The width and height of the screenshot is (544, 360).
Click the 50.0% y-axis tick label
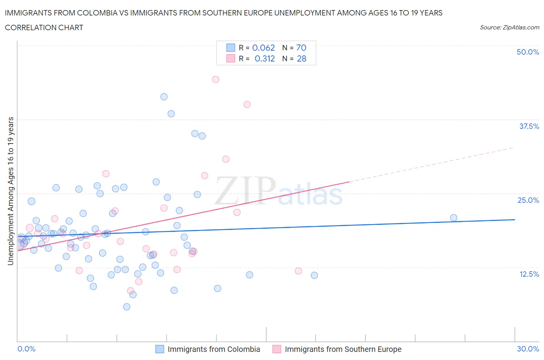(x=528, y=52)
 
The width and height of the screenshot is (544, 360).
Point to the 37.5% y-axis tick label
(x=529, y=126)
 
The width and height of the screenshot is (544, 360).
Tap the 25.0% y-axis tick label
(x=528, y=200)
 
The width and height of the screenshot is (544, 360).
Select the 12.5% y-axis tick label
(x=529, y=274)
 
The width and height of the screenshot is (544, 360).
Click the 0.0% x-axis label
(x=26, y=349)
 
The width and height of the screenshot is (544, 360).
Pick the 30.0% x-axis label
(x=528, y=349)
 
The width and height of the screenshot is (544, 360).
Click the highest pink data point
(x=216, y=79)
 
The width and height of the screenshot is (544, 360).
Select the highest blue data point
(x=164, y=97)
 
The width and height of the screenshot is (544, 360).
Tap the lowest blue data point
(x=127, y=307)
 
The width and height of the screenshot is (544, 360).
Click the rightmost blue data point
(x=453, y=218)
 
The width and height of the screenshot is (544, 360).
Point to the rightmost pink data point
(x=298, y=271)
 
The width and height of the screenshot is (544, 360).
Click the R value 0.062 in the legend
(x=263, y=48)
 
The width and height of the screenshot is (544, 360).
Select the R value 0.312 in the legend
(x=265, y=58)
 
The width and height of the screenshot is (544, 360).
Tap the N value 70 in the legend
(x=301, y=48)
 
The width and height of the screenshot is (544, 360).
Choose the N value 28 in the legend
(x=301, y=58)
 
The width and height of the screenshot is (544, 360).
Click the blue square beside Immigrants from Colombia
(x=160, y=349)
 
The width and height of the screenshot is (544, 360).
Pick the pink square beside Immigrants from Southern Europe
(x=277, y=349)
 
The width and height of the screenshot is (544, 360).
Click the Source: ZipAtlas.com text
(x=509, y=27)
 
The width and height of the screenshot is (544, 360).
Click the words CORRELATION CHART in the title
(x=44, y=27)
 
